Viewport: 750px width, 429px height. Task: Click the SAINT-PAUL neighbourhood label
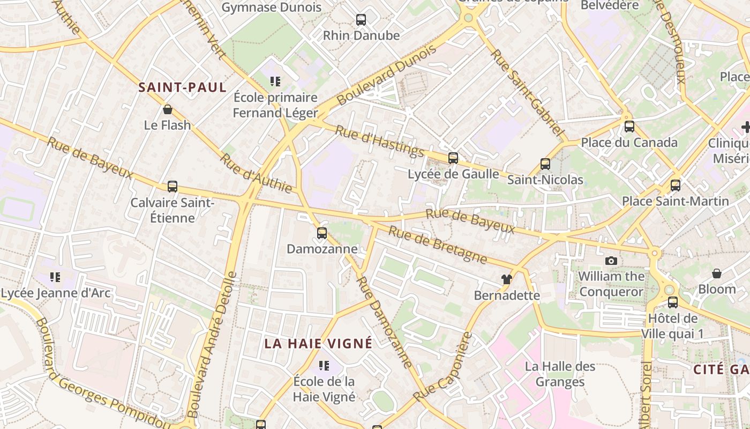point(183,87)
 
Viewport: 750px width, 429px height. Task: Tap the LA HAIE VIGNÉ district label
point(318,344)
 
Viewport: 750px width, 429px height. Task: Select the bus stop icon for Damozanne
point(321,233)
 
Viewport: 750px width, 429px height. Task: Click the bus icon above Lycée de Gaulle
point(453,158)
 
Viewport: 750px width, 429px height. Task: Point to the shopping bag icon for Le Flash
point(168,110)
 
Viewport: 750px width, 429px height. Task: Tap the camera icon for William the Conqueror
point(611,261)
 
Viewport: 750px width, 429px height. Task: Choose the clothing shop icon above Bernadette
point(507,279)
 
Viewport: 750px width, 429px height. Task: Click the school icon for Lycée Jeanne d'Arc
point(55,277)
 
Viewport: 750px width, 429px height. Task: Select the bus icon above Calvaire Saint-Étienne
point(172,187)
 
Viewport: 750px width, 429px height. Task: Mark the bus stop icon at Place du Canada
point(629,127)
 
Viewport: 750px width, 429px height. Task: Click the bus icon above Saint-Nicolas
point(545,164)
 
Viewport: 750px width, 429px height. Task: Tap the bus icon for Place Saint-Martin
point(676,186)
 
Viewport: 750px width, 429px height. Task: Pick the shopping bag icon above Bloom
point(717,273)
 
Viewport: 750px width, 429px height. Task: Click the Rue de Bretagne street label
point(438,245)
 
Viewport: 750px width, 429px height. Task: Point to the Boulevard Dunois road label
point(386,75)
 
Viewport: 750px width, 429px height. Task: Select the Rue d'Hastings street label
point(379,141)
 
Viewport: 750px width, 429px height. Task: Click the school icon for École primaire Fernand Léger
point(275,82)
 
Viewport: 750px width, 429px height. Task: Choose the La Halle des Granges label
point(560,374)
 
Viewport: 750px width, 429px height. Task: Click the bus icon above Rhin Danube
point(361,20)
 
